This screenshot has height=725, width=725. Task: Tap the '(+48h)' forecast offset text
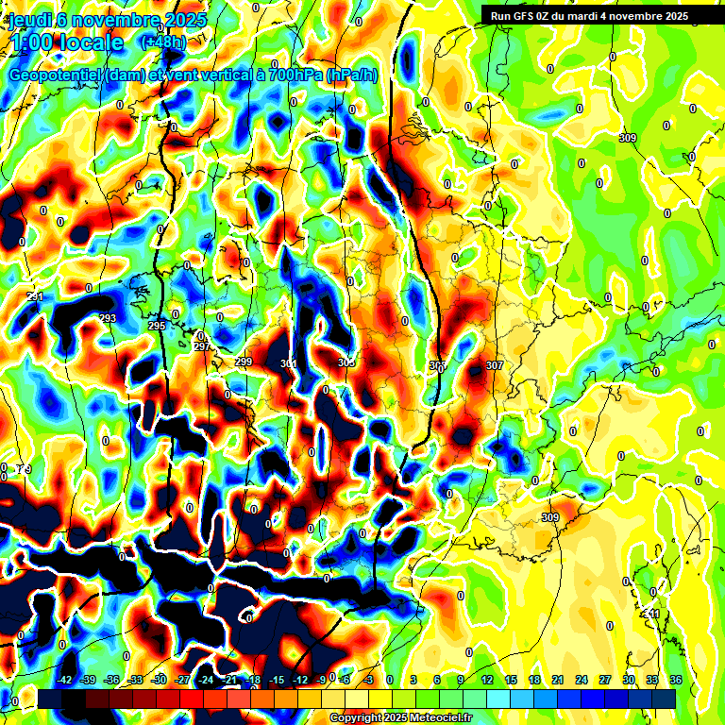162,42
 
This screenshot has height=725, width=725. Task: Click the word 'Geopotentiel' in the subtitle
53,75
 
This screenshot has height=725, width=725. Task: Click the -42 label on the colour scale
65,680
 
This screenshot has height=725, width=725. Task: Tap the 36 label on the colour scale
676,680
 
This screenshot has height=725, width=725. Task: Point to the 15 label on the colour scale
511,680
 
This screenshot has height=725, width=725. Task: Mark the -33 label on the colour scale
136,680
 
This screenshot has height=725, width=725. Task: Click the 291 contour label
36,297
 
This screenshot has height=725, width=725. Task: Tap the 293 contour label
108,318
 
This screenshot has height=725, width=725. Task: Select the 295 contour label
157,326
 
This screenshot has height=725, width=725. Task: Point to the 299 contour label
244,362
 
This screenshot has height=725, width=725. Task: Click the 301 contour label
289,363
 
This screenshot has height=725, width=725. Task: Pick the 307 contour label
494,365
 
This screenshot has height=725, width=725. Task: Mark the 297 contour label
201,346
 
